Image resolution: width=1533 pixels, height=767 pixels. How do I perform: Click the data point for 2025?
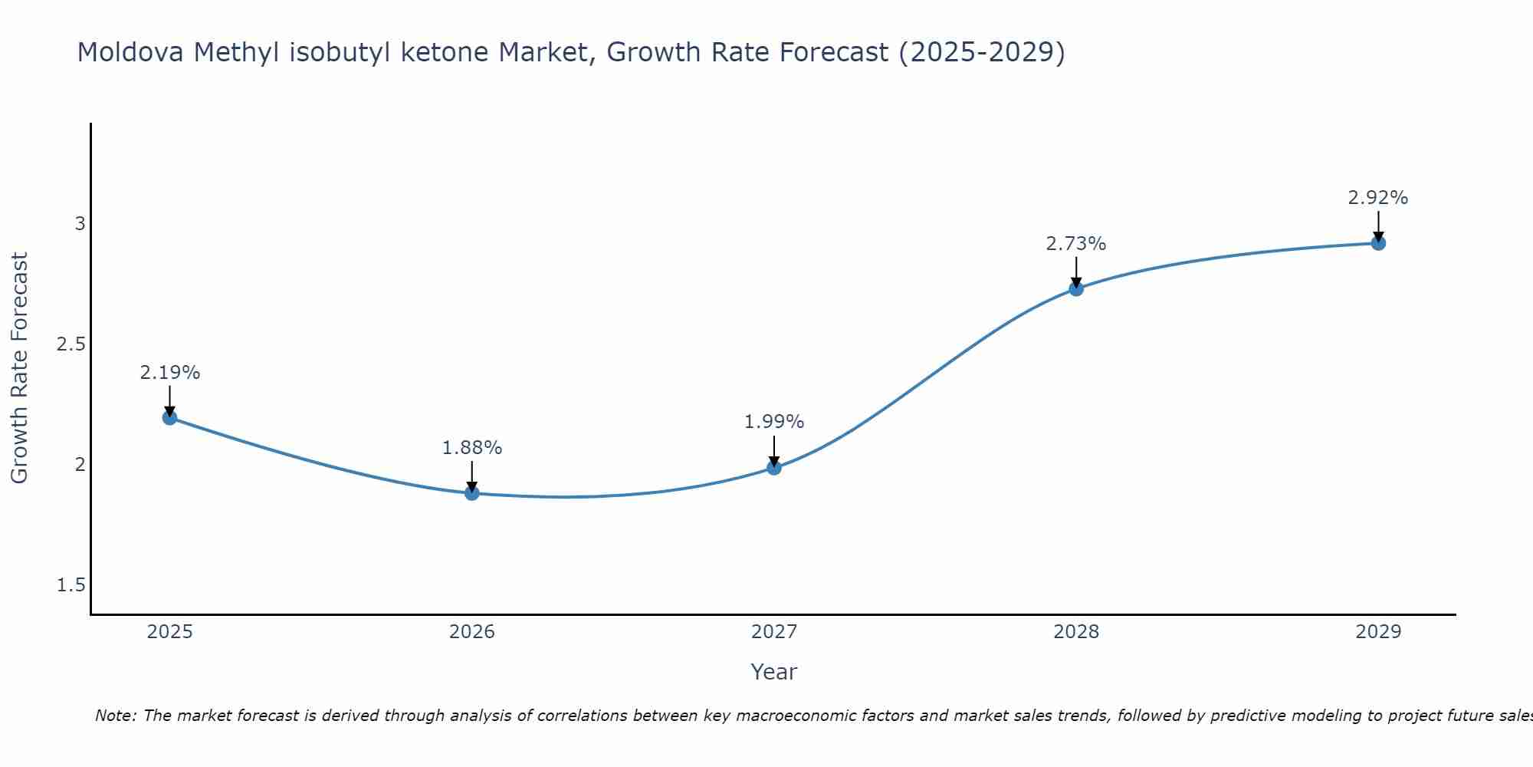(x=170, y=417)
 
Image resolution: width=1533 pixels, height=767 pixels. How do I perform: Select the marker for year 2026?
(x=472, y=493)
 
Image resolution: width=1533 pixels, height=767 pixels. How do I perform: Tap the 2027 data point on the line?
(x=774, y=467)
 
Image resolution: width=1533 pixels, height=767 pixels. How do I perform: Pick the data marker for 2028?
(x=1076, y=288)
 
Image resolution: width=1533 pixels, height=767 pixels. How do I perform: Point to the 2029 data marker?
(x=1378, y=243)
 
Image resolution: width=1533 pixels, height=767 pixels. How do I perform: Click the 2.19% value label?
(x=170, y=373)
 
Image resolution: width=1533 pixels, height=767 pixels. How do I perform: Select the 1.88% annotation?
(x=472, y=448)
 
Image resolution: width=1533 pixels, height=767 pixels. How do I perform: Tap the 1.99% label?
(x=774, y=422)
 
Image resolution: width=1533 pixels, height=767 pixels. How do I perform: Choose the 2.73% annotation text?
(x=1076, y=244)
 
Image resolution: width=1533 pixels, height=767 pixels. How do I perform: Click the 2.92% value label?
(x=1378, y=198)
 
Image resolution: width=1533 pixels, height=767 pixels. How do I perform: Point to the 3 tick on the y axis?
(x=80, y=224)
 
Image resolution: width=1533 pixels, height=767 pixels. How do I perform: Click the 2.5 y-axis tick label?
(x=71, y=344)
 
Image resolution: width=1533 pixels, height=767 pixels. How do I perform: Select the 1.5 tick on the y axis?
(x=71, y=585)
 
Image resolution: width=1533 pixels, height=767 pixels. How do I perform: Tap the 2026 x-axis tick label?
(x=472, y=632)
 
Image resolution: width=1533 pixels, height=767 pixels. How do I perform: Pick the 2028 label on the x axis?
(x=1076, y=632)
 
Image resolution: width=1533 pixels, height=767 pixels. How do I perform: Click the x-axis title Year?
(x=774, y=672)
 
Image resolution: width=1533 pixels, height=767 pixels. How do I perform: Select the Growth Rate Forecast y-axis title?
(x=20, y=367)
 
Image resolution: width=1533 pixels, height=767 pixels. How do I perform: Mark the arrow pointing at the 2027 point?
(x=774, y=451)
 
